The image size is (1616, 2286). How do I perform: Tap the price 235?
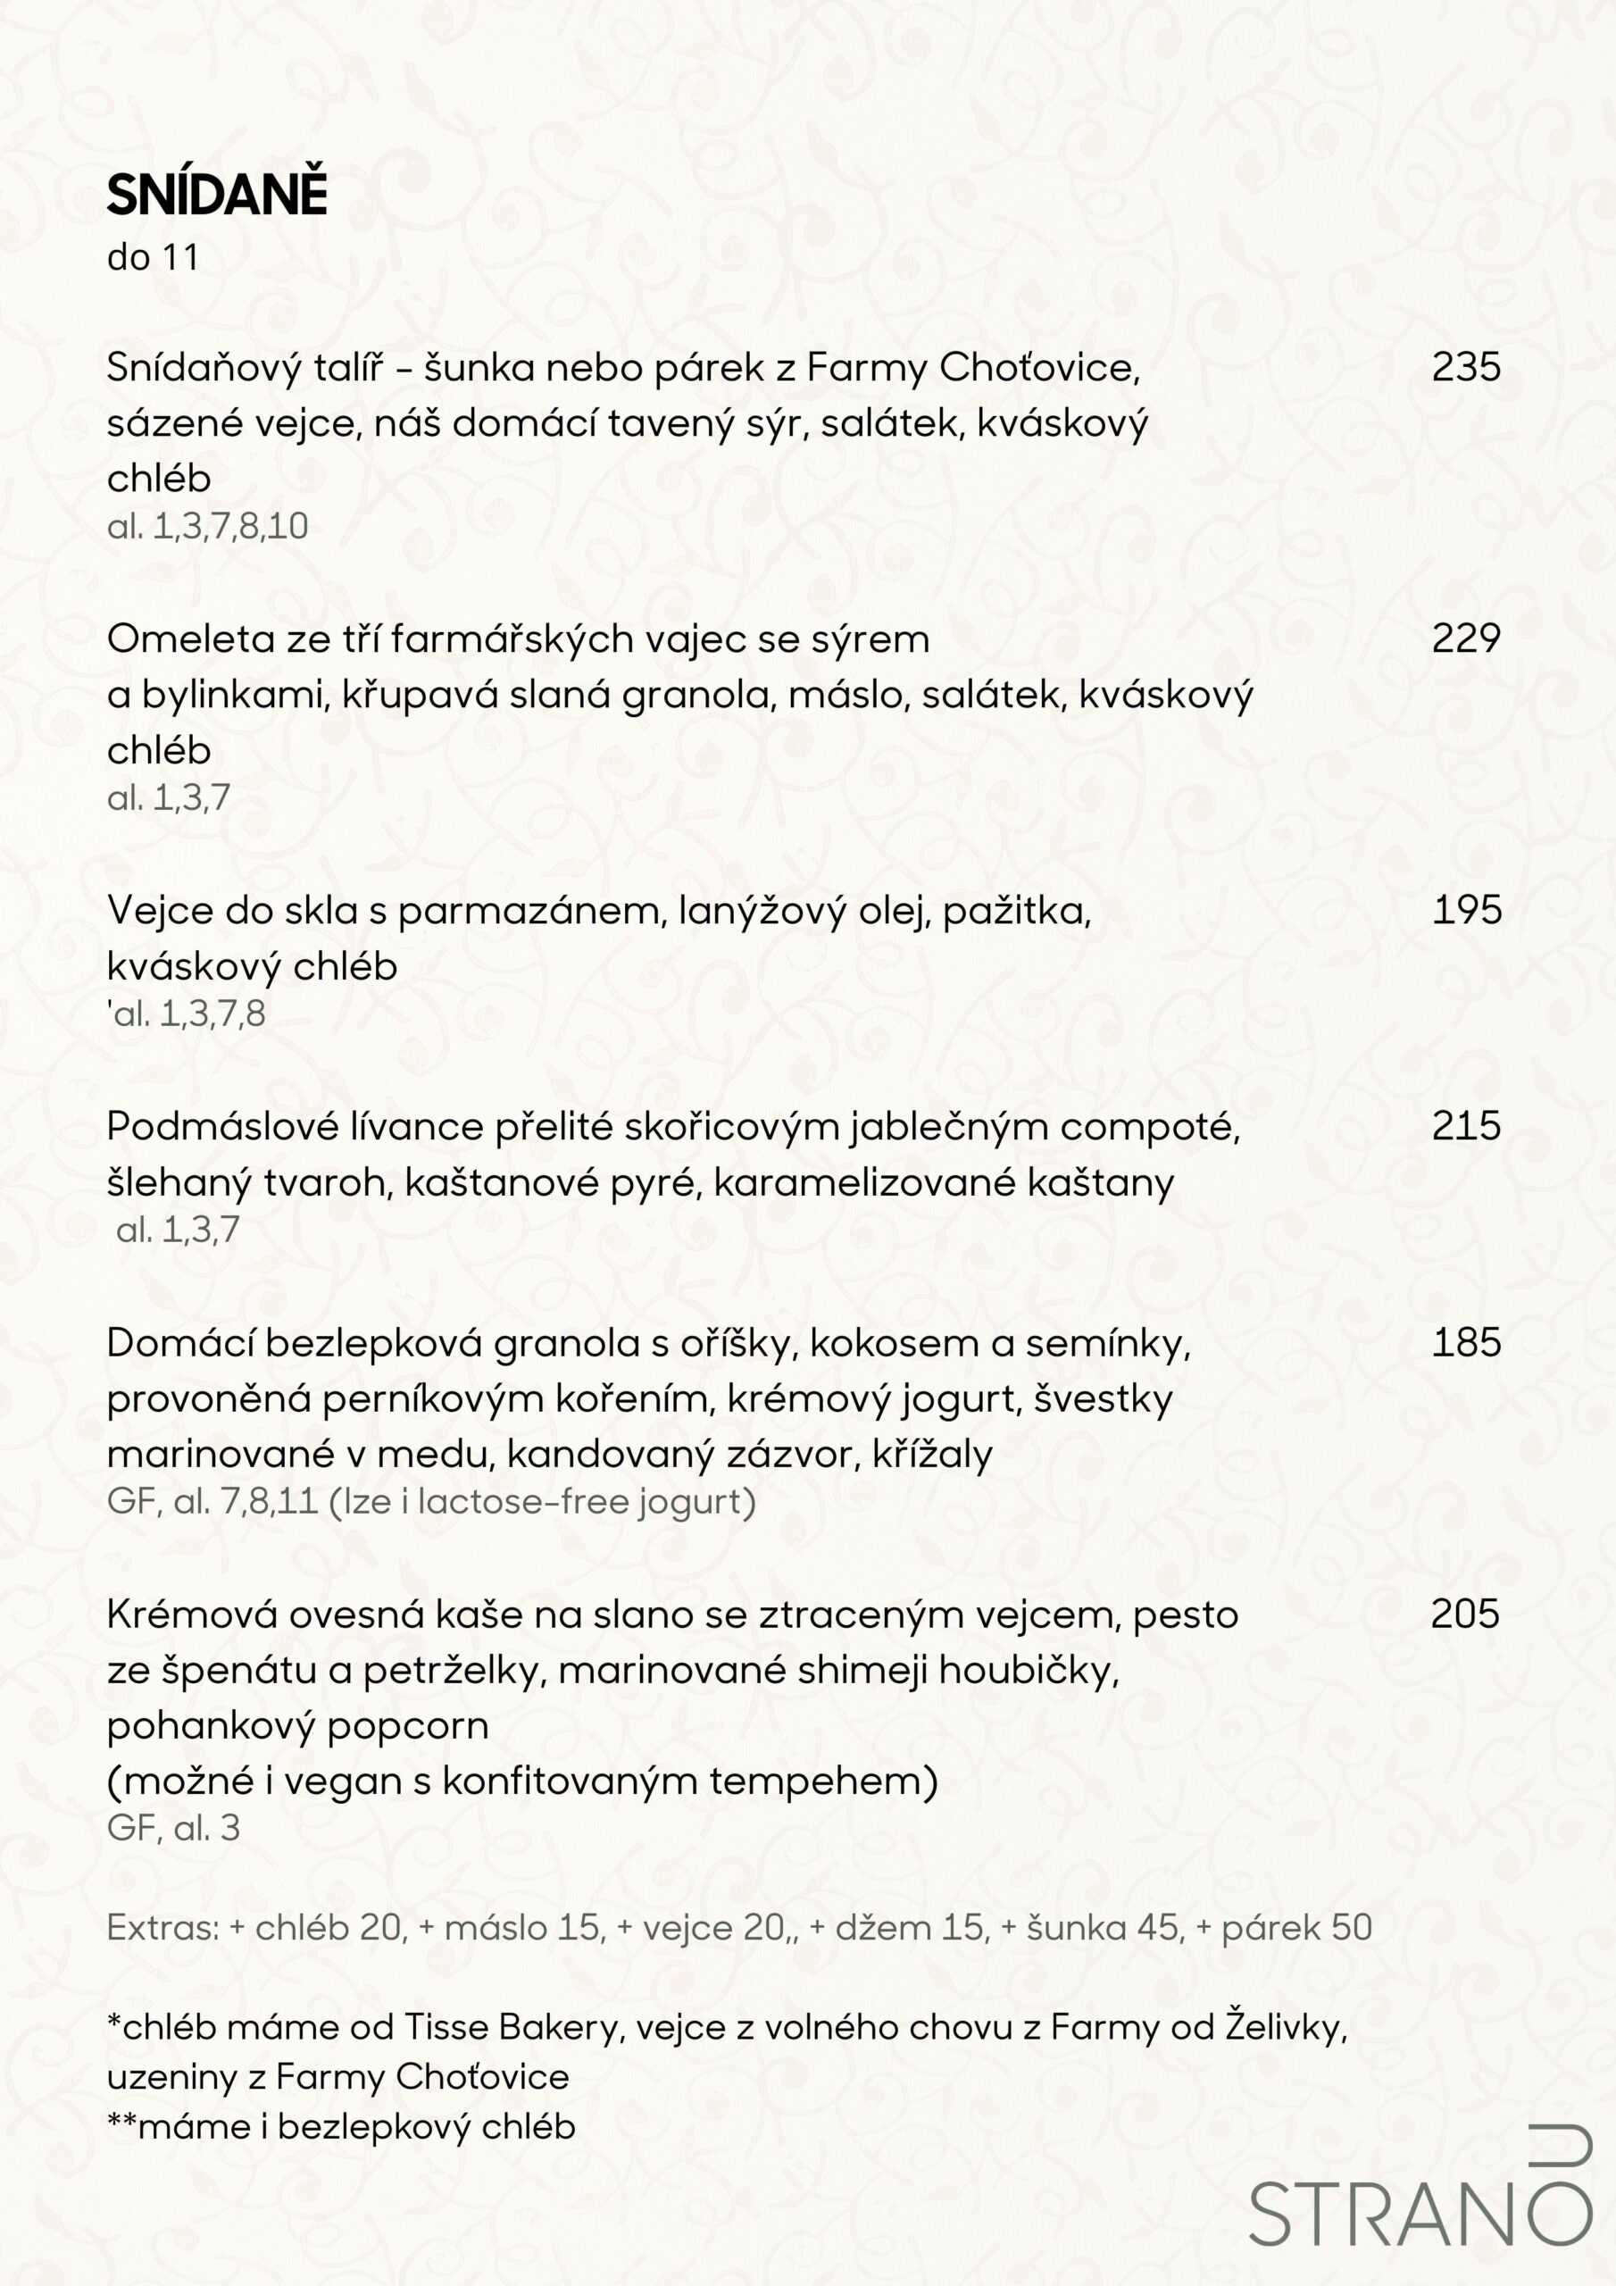coord(1466,367)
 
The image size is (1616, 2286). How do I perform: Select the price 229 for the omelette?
coord(1466,638)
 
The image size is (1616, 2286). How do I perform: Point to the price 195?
coord(1466,910)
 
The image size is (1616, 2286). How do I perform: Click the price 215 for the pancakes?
coord(1466,1126)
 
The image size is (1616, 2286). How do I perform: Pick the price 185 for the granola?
coord(1466,1343)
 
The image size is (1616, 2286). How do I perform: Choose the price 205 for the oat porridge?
coord(1464,1614)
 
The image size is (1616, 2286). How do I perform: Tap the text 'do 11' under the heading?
coord(153,258)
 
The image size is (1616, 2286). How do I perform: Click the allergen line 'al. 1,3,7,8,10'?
coord(207,527)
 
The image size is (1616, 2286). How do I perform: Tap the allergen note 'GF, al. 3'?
coord(173,1828)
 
